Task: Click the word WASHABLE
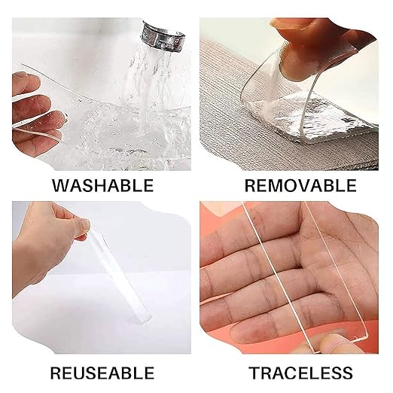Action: [x=102, y=185]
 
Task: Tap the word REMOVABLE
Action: [x=300, y=185]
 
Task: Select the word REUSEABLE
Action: [x=102, y=373]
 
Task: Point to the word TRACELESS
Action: [x=300, y=373]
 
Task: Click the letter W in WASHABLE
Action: [x=61, y=185]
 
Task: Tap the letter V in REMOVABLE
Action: [x=309, y=185]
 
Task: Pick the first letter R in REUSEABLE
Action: [x=56, y=373]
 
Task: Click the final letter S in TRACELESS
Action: [x=348, y=373]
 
